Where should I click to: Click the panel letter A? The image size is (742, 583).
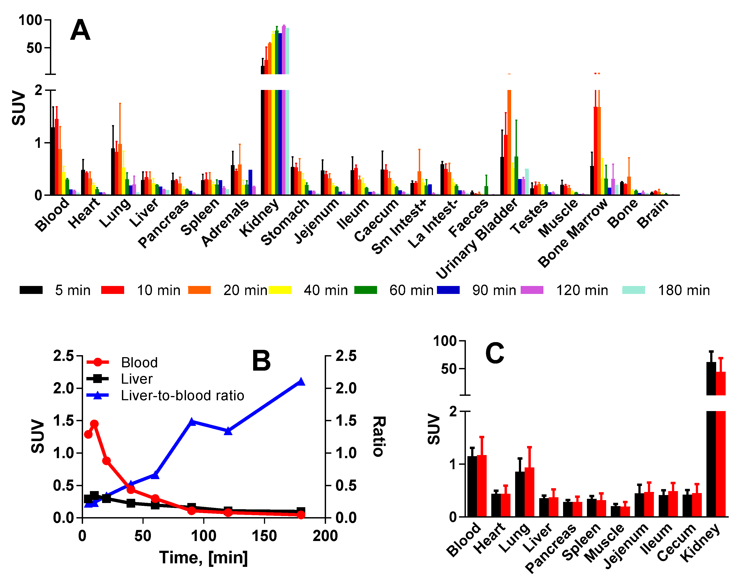point(80,30)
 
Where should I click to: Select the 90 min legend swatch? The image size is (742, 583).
point(448,290)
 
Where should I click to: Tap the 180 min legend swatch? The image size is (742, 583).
point(634,290)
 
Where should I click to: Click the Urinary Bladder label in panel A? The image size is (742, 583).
point(476,238)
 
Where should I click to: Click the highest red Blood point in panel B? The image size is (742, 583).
point(95,424)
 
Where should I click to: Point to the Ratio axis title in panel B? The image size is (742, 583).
point(379,436)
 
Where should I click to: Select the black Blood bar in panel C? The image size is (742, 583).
point(472,486)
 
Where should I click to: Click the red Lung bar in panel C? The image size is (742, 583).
point(529,492)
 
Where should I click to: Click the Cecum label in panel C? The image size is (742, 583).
point(676,542)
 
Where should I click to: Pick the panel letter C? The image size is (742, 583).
point(495,354)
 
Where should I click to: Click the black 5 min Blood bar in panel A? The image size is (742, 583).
point(53,161)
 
